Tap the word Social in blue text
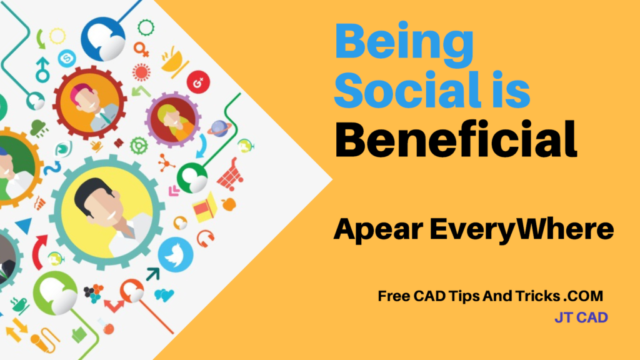tap(406, 90)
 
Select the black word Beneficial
tap(456, 139)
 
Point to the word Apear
tap(378, 230)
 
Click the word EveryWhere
tap(522, 230)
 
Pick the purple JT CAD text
tap(581, 317)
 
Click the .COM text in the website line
tap(583, 296)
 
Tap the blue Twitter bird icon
tap(176, 255)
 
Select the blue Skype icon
tap(67, 59)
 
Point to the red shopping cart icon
tap(231, 175)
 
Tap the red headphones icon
tap(205, 238)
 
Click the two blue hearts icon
tap(164, 295)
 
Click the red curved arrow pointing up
tap(39, 251)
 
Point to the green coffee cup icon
tap(19, 305)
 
